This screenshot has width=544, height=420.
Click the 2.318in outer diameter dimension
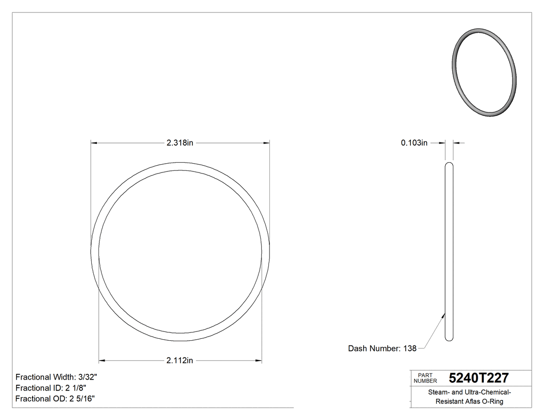pyautogui.click(x=180, y=143)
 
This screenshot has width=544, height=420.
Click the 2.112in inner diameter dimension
pyautogui.click(x=180, y=360)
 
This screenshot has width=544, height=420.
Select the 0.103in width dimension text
pyautogui.click(x=414, y=143)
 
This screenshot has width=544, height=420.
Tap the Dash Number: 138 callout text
pyautogui.click(x=382, y=349)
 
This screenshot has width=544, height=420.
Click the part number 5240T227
pyautogui.click(x=479, y=378)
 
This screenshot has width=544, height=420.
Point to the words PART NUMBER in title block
pyautogui.click(x=425, y=378)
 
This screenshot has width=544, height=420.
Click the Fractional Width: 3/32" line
pyautogui.click(x=56, y=377)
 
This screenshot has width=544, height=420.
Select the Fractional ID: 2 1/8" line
pyautogui.click(x=51, y=388)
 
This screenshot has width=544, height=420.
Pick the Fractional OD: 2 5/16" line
pyautogui.click(x=55, y=398)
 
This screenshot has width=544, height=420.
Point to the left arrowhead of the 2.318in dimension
pyautogui.click(x=94, y=143)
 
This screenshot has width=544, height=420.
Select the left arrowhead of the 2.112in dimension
pyautogui.click(x=102, y=360)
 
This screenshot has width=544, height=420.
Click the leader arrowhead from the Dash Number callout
pyautogui.click(x=444, y=314)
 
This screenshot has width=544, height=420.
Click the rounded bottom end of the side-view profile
pyautogui.click(x=449, y=339)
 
